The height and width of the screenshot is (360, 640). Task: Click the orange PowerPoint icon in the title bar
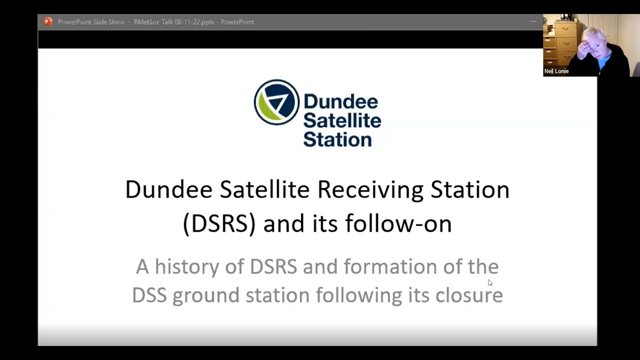48,21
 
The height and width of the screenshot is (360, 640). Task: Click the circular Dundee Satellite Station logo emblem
276,102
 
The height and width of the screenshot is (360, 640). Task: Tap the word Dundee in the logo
340,101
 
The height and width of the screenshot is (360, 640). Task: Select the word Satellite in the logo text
342,120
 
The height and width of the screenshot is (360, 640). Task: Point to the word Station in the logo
337,138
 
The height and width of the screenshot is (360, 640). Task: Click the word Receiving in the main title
370,190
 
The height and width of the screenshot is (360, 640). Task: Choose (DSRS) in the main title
219,223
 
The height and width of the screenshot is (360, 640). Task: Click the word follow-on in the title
398,223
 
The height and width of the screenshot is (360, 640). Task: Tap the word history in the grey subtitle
186,267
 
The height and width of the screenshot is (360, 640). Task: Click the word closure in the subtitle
468,295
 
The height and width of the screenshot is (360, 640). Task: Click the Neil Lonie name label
556,71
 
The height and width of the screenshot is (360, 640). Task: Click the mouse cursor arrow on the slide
489,282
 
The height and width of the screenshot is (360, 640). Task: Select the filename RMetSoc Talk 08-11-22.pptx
174,22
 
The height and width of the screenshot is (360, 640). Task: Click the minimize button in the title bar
533,21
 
